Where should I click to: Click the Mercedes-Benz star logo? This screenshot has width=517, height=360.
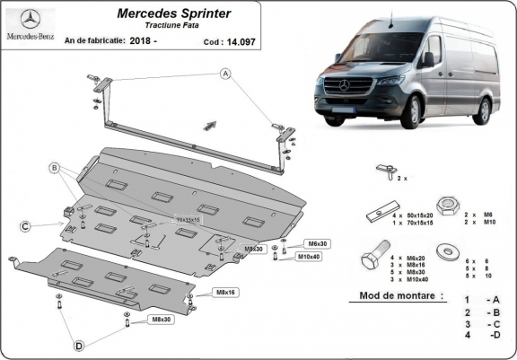click(x=31, y=20)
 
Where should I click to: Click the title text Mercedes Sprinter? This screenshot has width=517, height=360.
click(x=172, y=14)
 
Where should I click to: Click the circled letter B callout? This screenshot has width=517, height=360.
click(x=55, y=168)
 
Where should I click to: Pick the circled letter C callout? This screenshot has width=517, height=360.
click(x=27, y=225)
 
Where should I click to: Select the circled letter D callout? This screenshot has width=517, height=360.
click(x=80, y=345)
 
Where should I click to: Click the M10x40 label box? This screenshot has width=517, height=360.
click(x=308, y=257)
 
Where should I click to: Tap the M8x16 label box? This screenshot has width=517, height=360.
click(x=226, y=293)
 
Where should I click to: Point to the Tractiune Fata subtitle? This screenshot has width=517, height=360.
click(x=172, y=26)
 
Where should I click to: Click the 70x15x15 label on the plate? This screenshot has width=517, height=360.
click(x=188, y=218)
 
